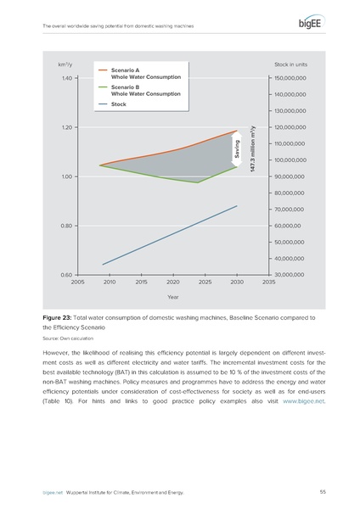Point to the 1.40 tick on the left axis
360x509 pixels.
click(65, 79)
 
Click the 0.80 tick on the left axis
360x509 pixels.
click(65, 226)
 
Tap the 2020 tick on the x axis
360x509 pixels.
click(172, 282)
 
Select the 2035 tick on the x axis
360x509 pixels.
click(269, 282)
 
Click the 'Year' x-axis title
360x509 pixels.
click(172, 297)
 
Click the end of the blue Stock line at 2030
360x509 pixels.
click(237, 205)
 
